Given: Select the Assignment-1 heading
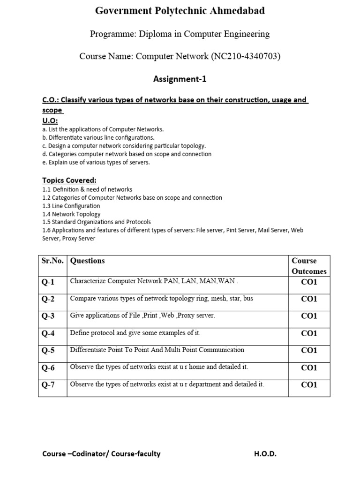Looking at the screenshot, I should coord(180,79).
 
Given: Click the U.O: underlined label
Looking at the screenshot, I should coord(50,120).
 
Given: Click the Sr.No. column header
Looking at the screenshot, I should coord(53,261).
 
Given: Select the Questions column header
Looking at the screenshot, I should coord(88,261).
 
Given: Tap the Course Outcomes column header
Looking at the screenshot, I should coord(309,266).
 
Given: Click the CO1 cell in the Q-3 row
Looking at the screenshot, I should coord(309,316).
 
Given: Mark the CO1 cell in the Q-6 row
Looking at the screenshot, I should coord(309,367).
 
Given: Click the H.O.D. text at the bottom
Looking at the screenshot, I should coord(266,453).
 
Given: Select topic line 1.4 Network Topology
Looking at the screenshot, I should coord(71,214).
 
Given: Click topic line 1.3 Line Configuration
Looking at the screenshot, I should coord(71,206).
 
